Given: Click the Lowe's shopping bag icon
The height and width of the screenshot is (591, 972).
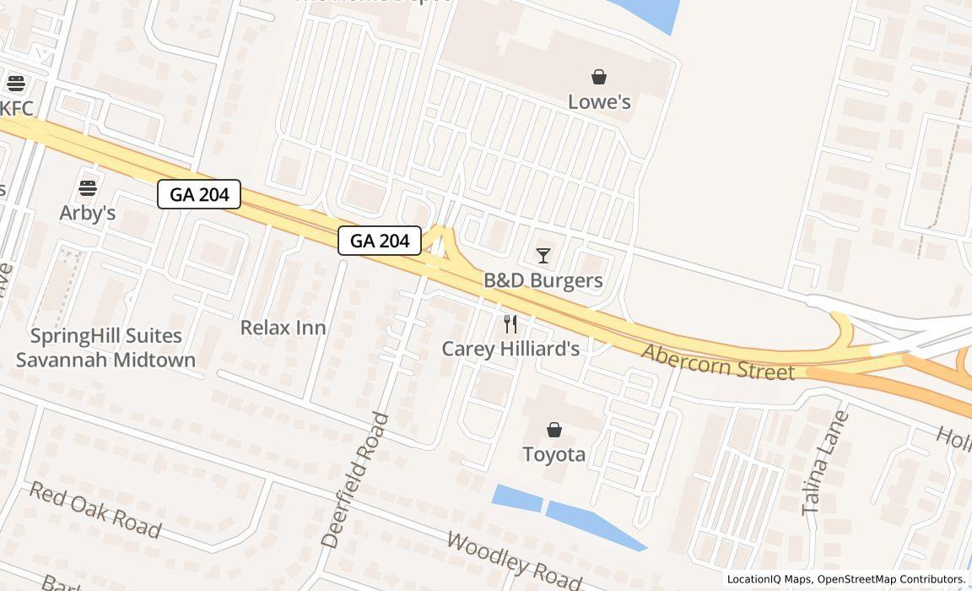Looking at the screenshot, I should point(599,78).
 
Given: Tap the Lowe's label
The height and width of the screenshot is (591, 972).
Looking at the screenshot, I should point(599,102).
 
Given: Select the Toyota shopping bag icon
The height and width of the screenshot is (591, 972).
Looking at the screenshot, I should point(554,431).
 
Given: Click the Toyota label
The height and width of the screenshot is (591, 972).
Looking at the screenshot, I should point(554,454).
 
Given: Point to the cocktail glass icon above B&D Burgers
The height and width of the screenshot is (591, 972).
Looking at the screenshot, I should point(543,255).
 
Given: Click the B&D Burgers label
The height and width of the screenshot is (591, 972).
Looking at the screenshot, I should point(543,280).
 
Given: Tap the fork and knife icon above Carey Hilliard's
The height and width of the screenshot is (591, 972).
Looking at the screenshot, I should point(510,324).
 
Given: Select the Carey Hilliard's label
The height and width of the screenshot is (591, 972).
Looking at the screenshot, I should point(510,349).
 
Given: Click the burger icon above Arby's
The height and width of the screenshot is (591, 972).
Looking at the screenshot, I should point(88,188).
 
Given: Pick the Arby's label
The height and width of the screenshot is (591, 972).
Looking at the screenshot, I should point(88,213).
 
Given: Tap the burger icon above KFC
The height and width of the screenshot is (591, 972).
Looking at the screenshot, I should point(16,84).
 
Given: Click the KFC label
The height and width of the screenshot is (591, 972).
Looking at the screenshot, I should point(17,108).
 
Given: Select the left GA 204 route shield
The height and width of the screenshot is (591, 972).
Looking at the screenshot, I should point(199,194).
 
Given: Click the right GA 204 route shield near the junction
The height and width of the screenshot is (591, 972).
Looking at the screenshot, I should point(380,241).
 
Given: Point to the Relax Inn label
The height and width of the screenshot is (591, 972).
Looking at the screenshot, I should point(283,328).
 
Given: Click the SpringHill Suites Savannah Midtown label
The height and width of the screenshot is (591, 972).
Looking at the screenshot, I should point(106,348).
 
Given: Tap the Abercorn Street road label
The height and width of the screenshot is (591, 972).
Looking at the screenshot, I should point(718,362).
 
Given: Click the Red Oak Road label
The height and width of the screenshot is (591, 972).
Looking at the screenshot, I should point(94,509).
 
